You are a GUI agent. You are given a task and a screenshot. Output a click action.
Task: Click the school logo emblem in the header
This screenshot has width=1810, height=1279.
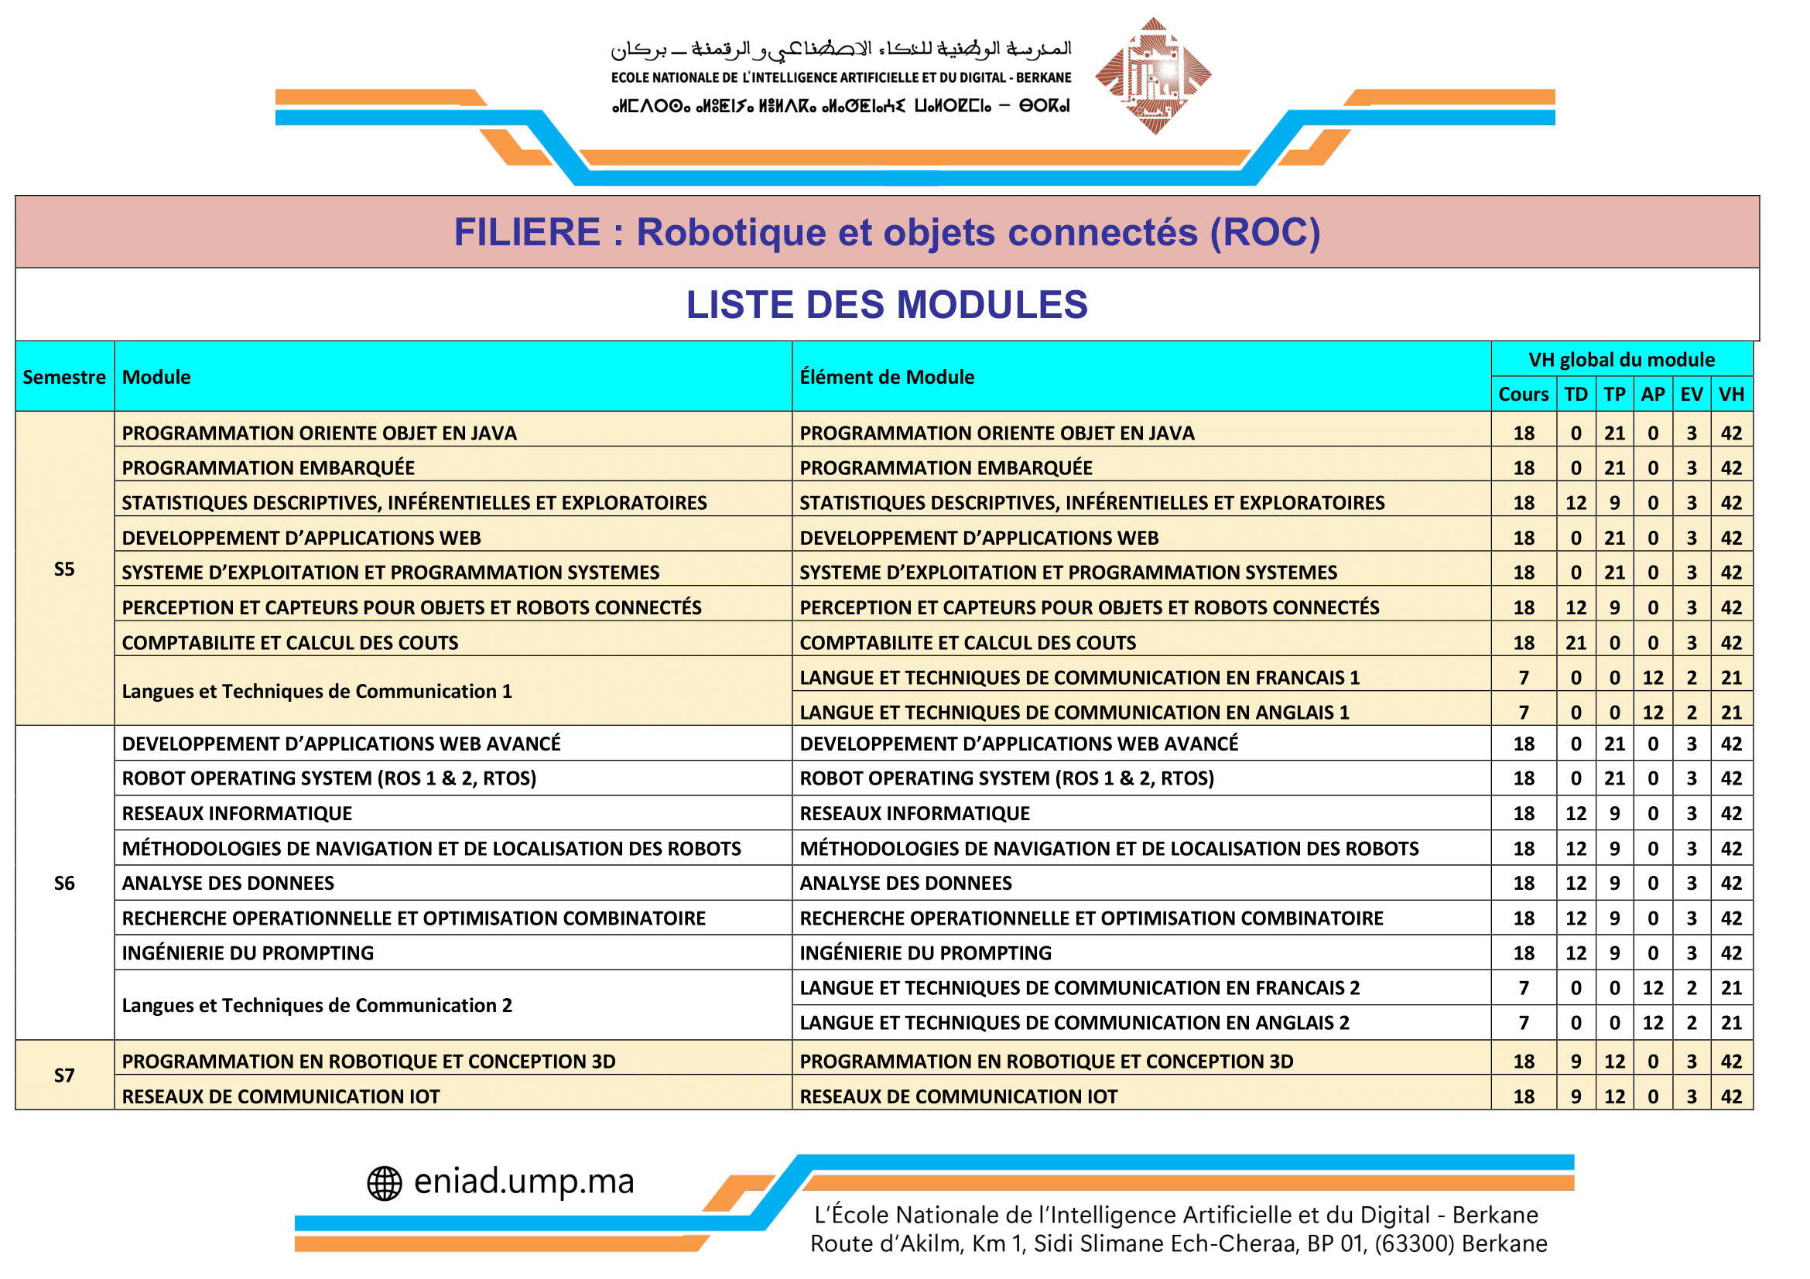click(1152, 76)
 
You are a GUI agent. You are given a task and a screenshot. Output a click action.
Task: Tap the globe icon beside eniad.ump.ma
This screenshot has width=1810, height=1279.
click(385, 1183)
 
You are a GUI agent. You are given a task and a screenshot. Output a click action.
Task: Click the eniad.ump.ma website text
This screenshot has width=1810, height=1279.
click(523, 1182)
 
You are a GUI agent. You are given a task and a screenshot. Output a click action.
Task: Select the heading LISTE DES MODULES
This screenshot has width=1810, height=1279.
click(886, 305)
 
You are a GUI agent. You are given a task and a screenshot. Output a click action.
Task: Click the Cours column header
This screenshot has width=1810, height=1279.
click(1523, 394)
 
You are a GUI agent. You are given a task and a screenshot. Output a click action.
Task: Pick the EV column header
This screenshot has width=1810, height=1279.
click(1691, 394)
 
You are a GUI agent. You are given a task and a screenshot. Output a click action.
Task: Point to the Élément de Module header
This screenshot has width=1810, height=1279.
click(887, 377)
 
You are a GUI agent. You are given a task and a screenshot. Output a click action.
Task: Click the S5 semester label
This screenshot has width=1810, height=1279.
click(65, 569)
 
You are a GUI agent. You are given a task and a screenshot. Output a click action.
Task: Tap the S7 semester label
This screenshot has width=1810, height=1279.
click(65, 1075)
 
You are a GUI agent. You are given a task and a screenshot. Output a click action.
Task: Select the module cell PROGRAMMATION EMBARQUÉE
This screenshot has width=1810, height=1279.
click(268, 467)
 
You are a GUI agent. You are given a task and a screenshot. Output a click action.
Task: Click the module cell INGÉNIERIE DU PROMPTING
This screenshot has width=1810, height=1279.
click(248, 952)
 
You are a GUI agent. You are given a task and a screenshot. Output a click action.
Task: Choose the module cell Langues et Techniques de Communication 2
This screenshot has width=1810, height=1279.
click(317, 1005)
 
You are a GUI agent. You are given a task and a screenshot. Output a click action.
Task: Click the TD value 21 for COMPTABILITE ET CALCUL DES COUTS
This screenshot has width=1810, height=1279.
click(1575, 642)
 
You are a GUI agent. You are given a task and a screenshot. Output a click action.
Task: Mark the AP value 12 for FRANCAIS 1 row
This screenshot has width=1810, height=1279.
click(1652, 677)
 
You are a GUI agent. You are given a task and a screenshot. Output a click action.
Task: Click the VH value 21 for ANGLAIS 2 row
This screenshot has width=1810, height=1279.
click(1731, 1022)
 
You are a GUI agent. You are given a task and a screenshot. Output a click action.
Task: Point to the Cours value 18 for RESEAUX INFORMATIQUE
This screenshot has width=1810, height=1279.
click(1523, 813)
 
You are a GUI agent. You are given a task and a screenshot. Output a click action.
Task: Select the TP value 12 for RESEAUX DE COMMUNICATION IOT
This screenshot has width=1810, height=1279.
click(1614, 1096)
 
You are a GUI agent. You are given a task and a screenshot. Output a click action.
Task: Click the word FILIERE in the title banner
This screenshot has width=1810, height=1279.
click(527, 231)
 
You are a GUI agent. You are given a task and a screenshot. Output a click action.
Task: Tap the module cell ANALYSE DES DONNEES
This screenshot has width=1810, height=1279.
click(228, 883)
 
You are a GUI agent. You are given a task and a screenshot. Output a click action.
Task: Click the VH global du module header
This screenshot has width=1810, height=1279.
click(1621, 359)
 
